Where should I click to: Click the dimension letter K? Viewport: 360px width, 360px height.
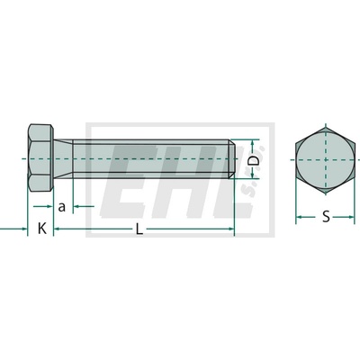pyautogui.click(x=42, y=229)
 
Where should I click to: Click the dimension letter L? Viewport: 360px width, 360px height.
pyautogui.click(x=139, y=229)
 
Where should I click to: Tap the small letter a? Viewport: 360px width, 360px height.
pyautogui.click(x=61, y=207)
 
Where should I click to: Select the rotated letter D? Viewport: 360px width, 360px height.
pyautogui.click(x=253, y=159)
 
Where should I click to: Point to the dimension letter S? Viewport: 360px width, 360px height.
pyautogui.click(x=326, y=216)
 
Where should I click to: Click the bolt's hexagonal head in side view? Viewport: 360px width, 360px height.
pyautogui.click(x=40, y=157)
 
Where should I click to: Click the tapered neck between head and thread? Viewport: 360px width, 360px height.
pyautogui.click(x=63, y=158)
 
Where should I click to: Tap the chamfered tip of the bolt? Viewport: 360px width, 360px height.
pyautogui.click(x=231, y=158)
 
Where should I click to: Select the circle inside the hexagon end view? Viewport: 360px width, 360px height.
pyautogui.click(x=325, y=160)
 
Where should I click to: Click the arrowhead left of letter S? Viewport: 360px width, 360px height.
pyautogui.click(x=299, y=217)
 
